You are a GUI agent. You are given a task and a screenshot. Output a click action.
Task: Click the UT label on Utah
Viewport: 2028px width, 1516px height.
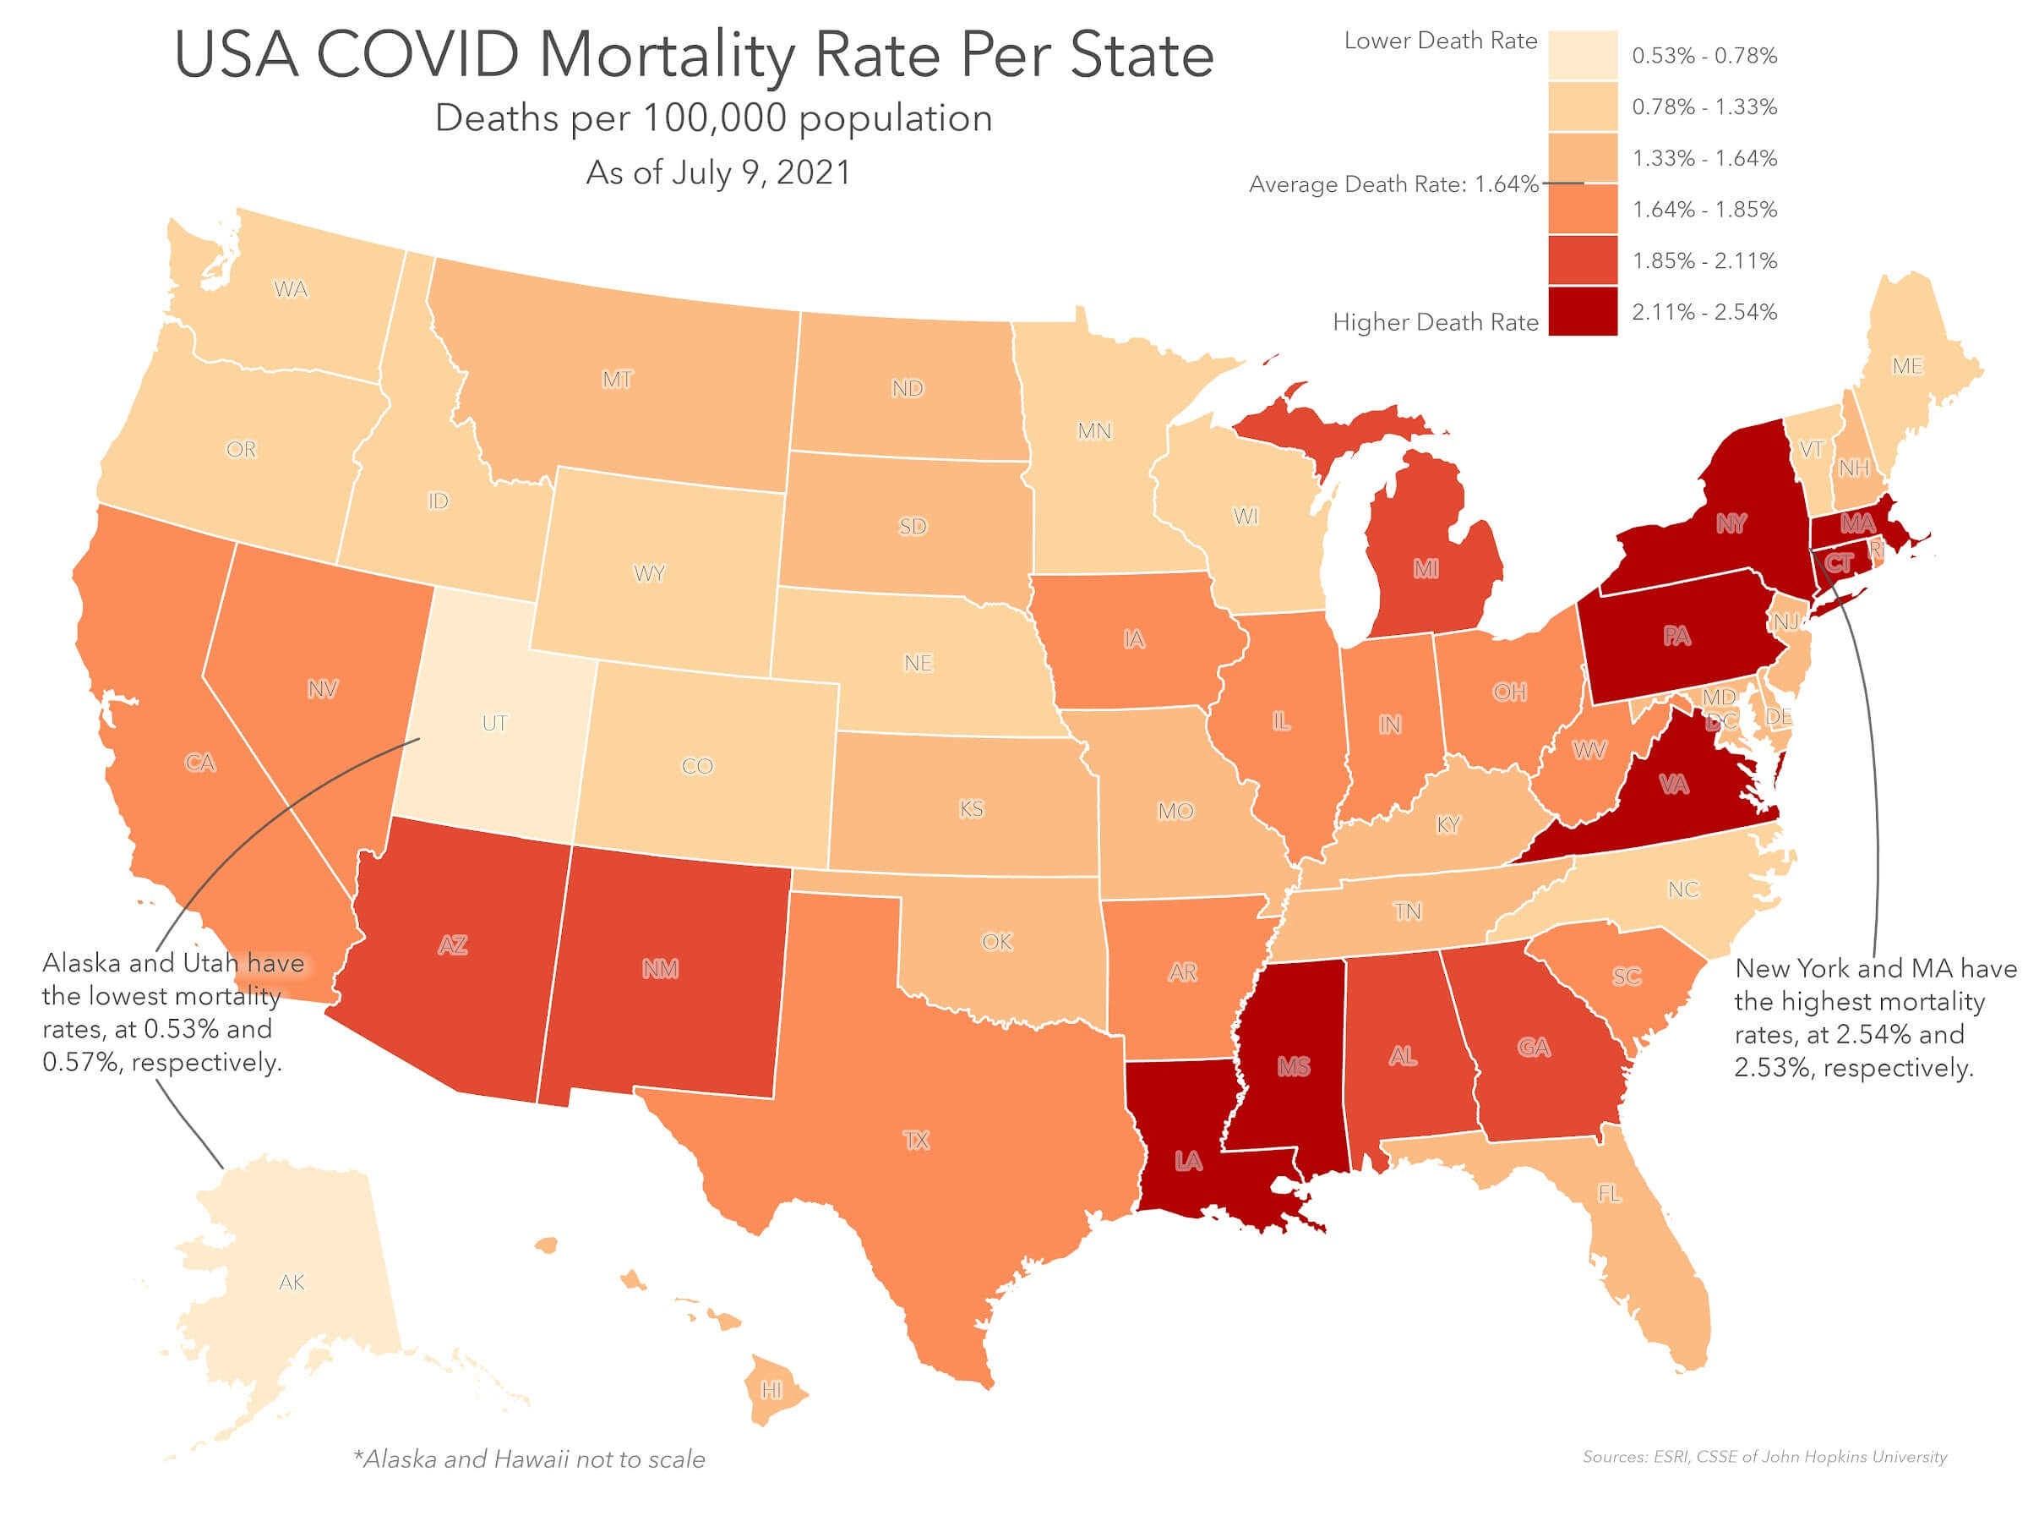[494, 723]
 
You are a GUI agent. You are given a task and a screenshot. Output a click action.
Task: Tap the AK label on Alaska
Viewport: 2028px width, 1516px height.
[292, 1282]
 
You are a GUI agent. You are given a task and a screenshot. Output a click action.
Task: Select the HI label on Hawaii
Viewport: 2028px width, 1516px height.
[772, 1390]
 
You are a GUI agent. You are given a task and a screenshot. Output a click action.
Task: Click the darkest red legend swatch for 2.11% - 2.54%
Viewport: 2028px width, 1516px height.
[1583, 312]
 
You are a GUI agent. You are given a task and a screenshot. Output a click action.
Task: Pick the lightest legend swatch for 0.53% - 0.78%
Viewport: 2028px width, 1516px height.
[1583, 55]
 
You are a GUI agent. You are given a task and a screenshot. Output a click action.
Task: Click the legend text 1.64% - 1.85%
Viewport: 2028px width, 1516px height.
[1704, 209]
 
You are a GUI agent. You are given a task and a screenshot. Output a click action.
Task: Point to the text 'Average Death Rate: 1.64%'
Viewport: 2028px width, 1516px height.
[1393, 184]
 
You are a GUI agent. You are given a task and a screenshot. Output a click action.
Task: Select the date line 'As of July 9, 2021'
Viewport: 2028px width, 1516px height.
[718, 172]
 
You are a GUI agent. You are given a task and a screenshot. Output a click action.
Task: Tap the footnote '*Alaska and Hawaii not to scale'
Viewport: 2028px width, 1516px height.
[529, 1459]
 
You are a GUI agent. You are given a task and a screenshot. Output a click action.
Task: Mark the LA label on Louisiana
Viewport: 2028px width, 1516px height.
[1188, 1161]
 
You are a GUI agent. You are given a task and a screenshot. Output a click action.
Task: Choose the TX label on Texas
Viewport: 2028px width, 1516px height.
[916, 1140]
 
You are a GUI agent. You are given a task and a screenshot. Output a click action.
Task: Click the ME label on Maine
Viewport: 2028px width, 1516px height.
[1907, 366]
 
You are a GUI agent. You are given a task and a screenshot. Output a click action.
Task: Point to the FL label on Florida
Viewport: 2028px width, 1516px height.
[1609, 1193]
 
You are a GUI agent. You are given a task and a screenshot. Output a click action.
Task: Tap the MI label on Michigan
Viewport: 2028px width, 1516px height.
[1426, 569]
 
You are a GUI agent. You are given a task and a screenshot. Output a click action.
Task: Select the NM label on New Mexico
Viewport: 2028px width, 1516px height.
[660, 968]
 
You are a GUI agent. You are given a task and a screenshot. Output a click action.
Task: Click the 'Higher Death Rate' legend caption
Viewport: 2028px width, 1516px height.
[1435, 322]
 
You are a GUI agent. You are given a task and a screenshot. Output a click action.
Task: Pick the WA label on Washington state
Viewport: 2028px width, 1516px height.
[291, 289]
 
